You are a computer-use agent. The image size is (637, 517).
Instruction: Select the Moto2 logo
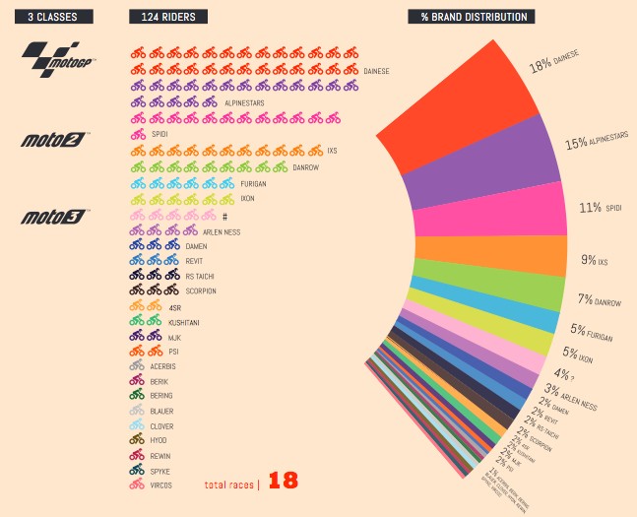(55, 140)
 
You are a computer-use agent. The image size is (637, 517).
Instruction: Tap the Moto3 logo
(55, 216)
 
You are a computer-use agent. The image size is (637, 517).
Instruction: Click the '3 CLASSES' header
(60, 16)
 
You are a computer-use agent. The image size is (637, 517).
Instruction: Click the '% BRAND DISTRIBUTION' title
(472, 16)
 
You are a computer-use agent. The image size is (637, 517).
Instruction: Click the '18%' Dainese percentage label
(541, 66)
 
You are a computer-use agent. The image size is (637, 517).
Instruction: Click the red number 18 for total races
(283, 481)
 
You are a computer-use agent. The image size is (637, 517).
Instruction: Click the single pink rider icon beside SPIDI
(138, 135)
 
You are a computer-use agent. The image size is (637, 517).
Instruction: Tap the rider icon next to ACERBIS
(138, 365)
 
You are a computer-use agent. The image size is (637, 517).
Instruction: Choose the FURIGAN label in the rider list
(225, 184)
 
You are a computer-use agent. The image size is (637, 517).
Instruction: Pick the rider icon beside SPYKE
(138, 470)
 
